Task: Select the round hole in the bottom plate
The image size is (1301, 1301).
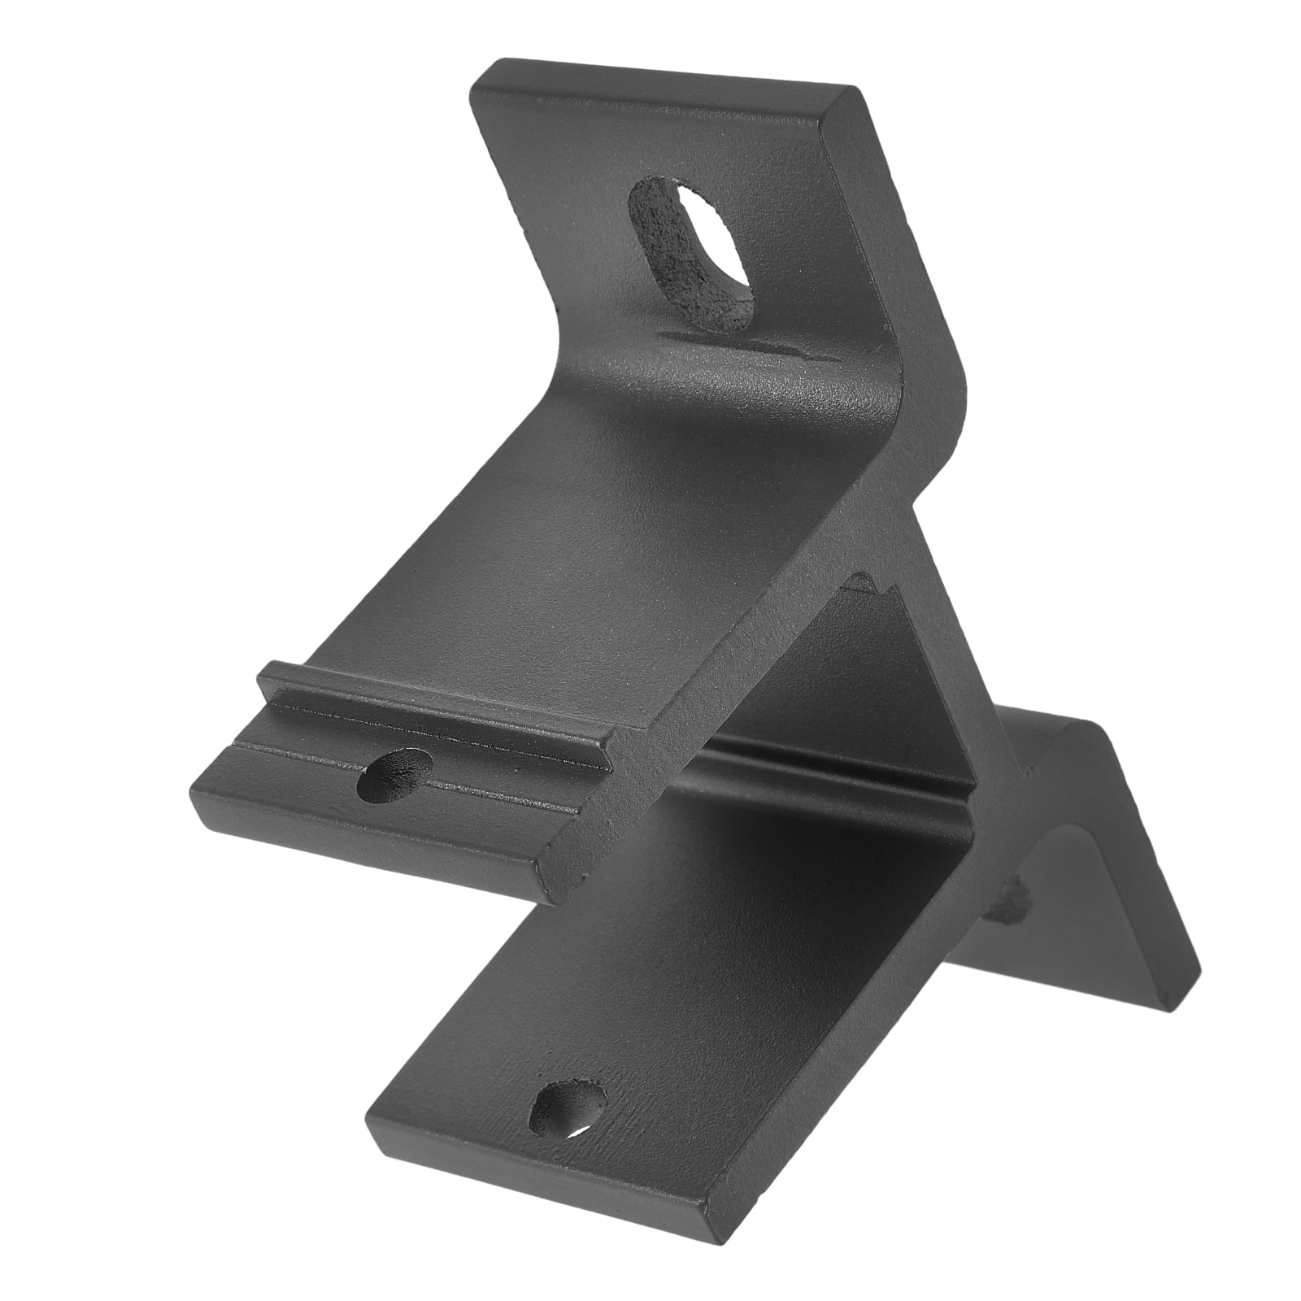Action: point(568,1106)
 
